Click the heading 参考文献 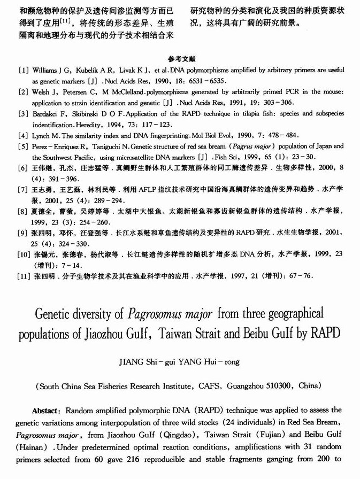click(180, 59)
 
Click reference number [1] click(24, 71)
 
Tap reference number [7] click(24, 189)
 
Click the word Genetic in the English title click(55, 313)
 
